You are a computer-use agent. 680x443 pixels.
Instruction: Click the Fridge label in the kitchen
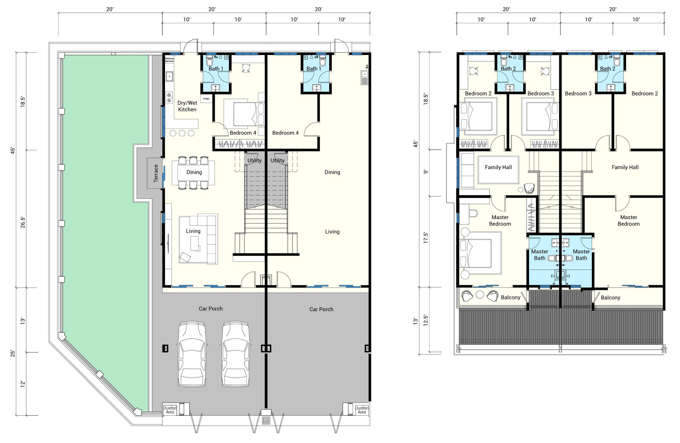point(206,99)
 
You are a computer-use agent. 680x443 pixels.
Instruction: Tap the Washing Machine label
point(169,60)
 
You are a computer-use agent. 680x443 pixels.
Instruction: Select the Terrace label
point(156,173)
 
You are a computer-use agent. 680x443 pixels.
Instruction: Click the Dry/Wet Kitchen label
point(187,106)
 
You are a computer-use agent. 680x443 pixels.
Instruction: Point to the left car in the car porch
point(192,354)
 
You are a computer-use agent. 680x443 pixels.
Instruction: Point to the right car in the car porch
point(235,354)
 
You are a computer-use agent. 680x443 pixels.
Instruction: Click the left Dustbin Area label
point(170,410)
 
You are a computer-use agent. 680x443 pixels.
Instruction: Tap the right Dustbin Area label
point(362,410)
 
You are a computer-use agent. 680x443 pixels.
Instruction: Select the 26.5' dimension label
point(23,222)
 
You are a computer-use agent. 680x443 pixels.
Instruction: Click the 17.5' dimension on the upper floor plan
point(426,238)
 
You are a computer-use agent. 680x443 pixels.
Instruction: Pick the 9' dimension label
point(426,171)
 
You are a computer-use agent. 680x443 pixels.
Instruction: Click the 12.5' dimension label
point(426,321)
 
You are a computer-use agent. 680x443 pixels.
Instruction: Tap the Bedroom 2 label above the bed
point(478,93)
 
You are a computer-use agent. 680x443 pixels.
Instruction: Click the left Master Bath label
point(540,255)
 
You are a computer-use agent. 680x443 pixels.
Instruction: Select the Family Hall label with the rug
point(498,167)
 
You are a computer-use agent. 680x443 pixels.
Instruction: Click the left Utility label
point(254,160)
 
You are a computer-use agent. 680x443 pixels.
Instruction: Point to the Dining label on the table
point(194,172)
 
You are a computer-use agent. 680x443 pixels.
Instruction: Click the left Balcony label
point(510,297)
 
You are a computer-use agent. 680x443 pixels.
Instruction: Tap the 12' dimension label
point(23,384)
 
